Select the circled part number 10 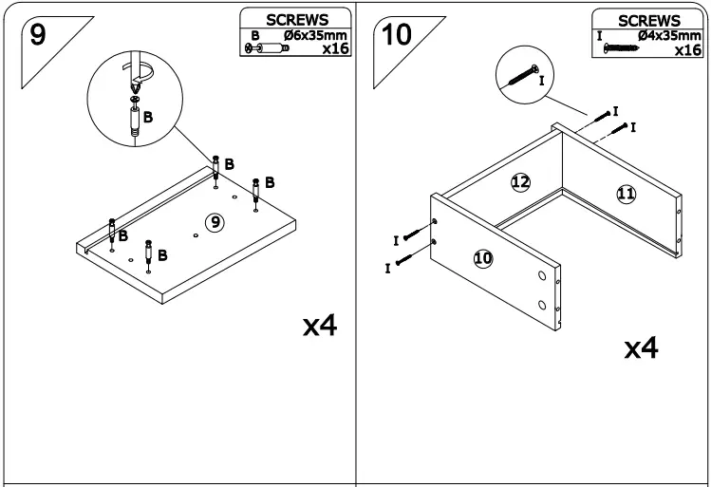coord(482,256)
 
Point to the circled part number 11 coord(626,194)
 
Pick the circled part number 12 coord(520,182)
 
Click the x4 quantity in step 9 coord(320,328)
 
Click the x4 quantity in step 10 coord(642,348)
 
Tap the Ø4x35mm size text coord(669,36)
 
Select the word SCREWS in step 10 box coord(648,20)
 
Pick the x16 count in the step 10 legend coord(686,49)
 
